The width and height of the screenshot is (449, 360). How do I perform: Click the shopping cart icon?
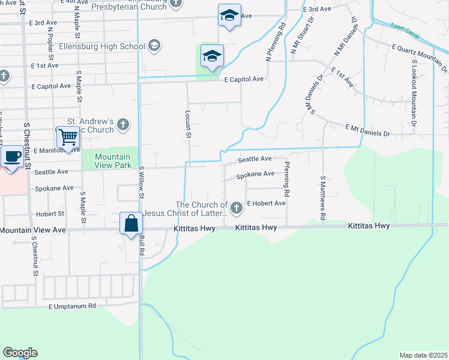pyautogui.click(x=67, y=137)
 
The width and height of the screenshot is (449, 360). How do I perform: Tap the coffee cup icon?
pyautogui.click(x=13, y=157)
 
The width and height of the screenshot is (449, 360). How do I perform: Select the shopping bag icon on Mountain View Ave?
pyautogui.click(x=131, y=224)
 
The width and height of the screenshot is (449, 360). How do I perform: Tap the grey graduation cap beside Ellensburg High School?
pyautogui.click(x=154, y=46)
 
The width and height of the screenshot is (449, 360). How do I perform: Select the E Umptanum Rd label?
pyautogui.click(x=73, y=306)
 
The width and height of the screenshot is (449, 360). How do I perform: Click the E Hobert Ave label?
pyautogui.click(x=266, y=203)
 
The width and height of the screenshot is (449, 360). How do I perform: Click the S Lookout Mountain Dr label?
pyautogui.click(x=414, y=94)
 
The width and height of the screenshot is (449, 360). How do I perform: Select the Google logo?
pyautogui.click(x=20, y=353)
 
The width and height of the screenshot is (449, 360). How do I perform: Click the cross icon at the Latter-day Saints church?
pyautogui.click(x=237, y=208)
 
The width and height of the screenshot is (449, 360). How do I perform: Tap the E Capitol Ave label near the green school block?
pyautogui.click(x=244, y=79)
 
